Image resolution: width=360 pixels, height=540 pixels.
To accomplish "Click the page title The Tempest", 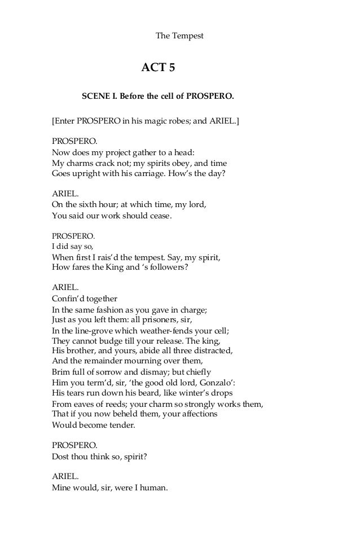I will coord(179,36).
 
